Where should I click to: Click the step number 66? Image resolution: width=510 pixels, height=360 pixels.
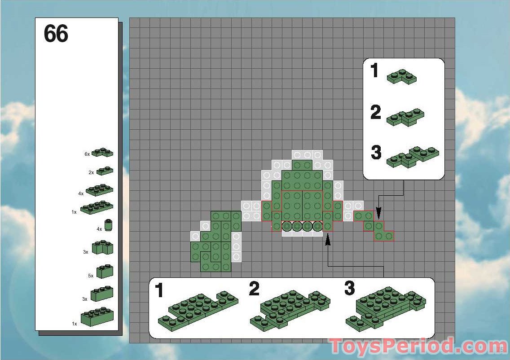tap(56, 34)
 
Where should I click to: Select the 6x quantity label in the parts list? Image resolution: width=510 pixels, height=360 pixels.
tap(87, 154)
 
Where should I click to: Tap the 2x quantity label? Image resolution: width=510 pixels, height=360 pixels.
tap(91, 172)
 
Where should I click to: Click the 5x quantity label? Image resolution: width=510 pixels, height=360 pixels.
tap(90, 276)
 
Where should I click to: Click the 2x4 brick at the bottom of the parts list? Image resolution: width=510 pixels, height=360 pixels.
tap(97, 317)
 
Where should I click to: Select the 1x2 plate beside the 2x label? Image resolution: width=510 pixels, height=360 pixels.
tap(104, 171)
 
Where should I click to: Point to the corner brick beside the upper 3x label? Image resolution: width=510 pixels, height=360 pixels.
tap(102, 247)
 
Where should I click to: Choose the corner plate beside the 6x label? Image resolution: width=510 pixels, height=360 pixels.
tap(102, 153)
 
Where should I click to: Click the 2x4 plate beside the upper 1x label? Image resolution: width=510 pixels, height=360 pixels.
tap(97, 208)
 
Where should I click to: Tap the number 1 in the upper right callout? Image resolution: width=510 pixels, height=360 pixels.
tap(375, 71)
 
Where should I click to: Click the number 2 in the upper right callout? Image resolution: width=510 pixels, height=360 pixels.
tap(376, 112)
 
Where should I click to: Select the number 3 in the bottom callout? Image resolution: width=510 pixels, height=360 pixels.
tap(350, 289)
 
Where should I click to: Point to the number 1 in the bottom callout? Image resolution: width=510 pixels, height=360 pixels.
tap(159, 291)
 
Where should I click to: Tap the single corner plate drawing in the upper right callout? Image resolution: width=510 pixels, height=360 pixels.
tap(402, 77)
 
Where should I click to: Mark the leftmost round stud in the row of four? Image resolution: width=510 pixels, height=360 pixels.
tap(286, 227)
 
